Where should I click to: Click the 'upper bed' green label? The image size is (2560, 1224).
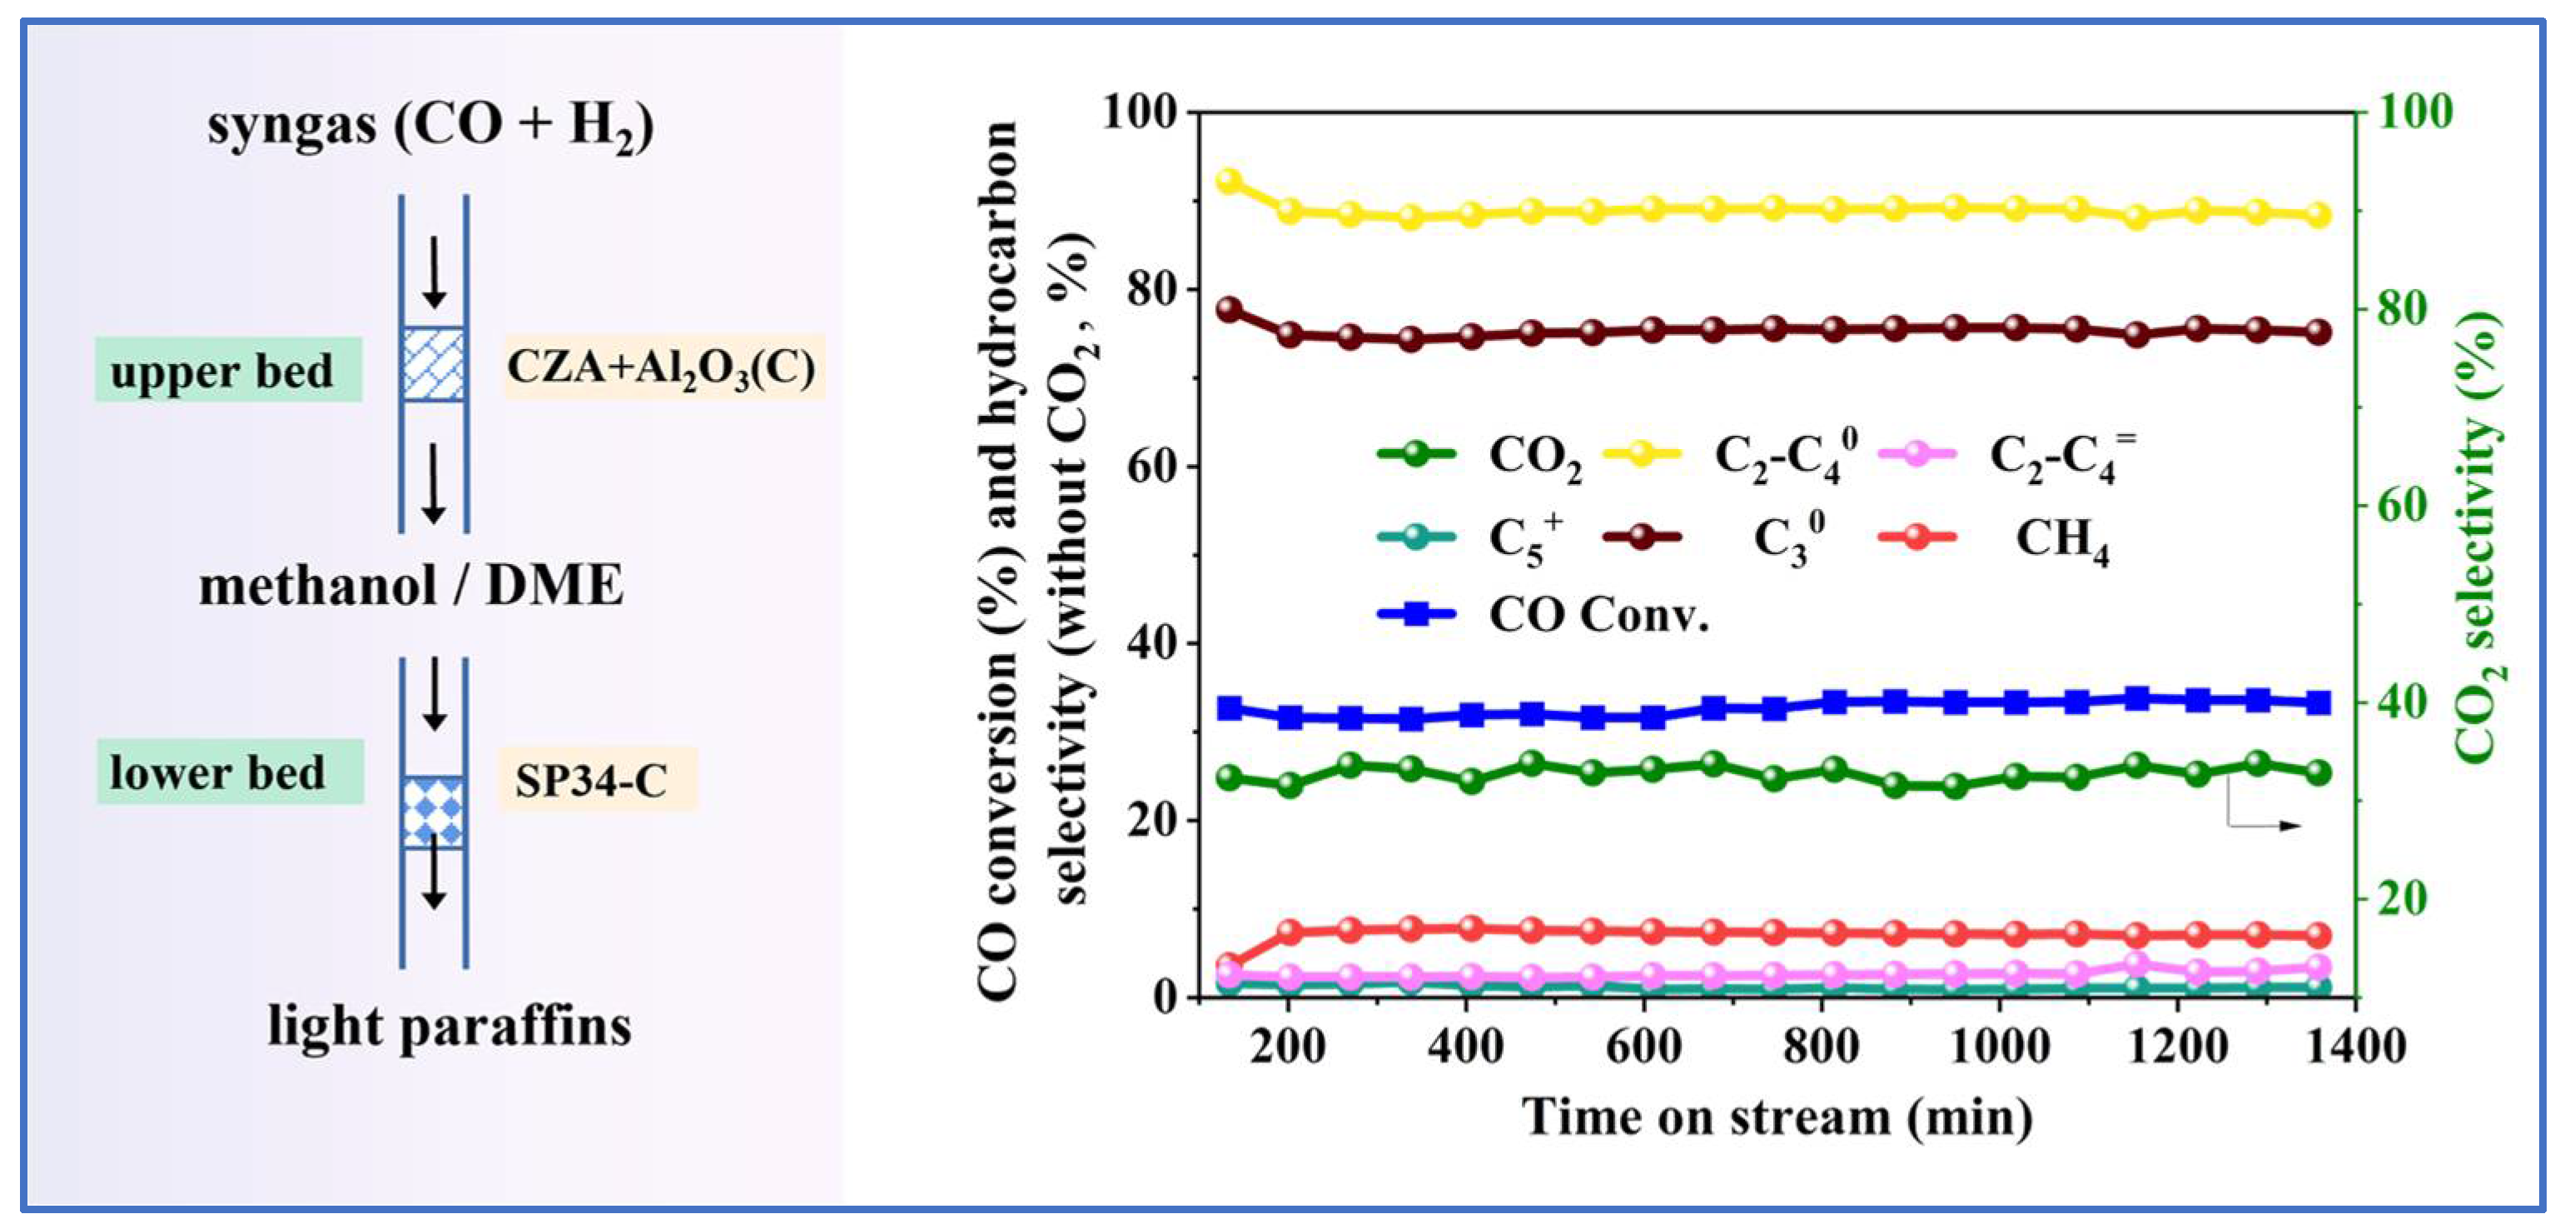click(x=227, y=370)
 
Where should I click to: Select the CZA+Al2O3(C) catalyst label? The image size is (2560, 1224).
click(x=663, y=367)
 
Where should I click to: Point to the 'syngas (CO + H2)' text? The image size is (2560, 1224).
click(x=430, y=127)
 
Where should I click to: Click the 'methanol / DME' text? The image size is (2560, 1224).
click(x=411, y=585)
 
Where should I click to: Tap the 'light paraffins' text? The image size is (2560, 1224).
click(x=450, y=1025)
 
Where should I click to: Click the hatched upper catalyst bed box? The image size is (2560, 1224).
click(x=433, y=365)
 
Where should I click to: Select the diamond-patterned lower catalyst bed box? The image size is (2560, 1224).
click(x=433, y=812)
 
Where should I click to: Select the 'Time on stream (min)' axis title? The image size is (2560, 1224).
click(x=1777, y=1117)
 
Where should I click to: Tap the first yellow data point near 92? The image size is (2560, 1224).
click(x=1230, y=181)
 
